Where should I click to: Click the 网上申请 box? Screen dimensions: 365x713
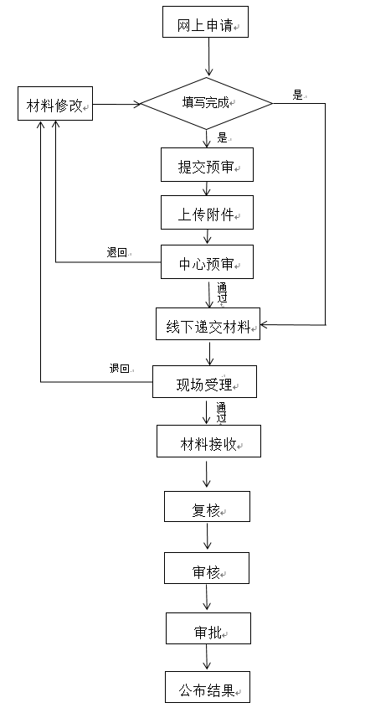(205, 22)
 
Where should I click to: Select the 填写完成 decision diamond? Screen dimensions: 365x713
(207, 103)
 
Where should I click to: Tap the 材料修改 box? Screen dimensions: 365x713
(55, 104)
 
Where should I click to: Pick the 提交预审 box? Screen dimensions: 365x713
(207, 164)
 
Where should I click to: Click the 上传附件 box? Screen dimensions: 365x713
(207, 212)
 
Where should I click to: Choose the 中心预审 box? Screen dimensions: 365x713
(207, 262)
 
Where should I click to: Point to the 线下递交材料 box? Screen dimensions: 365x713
(208, 323)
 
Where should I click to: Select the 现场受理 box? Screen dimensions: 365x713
(204, 381)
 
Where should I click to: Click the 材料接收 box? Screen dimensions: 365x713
(208, 441)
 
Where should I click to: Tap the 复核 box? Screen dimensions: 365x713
(207, 506)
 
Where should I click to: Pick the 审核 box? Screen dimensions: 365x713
(207, 568)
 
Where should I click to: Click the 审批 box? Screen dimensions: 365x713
(208, 628)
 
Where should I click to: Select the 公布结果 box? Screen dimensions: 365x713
(208, 687)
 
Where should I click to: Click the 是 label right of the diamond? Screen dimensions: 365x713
(298, 96)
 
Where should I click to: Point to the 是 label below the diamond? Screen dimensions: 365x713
(223, 137)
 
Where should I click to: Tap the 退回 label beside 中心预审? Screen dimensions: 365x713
(117, 253)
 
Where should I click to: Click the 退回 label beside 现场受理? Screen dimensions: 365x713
(120, 369)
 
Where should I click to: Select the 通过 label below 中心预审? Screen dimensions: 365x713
(221, 293)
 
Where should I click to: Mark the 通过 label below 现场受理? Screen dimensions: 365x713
(221, 412)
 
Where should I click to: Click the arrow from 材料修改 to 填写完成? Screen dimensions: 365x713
(116, 104)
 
